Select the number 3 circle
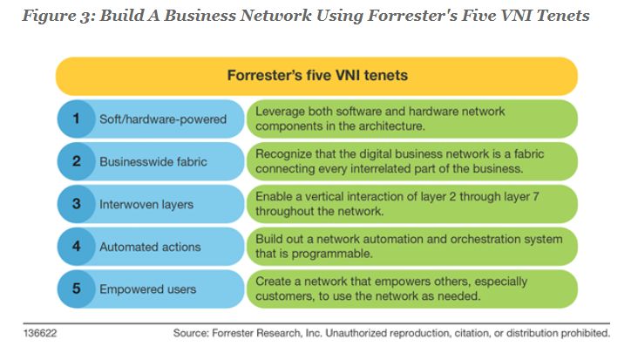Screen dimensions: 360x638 [x=78, y=204]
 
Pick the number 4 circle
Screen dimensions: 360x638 [x=78, y=247]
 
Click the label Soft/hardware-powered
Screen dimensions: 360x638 [x=162, y=119]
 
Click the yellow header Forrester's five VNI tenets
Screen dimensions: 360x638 [x=317, y=76]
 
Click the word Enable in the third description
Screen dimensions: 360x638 [x=273, y=196]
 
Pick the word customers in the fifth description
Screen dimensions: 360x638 [x=284, y=296]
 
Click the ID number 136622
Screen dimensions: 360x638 [x=38, y=333]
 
